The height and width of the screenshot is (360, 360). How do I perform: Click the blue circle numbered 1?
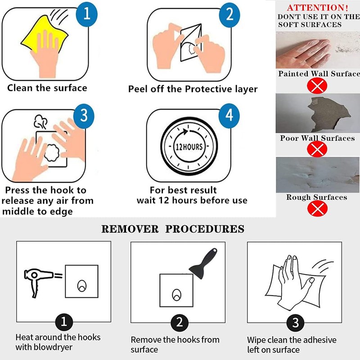point(86,14)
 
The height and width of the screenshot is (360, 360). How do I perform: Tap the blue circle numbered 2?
point(229,15)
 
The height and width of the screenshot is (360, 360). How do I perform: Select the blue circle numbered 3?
point(84,116)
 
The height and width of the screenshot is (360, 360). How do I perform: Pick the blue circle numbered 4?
point(229,116)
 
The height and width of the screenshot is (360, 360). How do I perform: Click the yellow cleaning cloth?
point(44,35)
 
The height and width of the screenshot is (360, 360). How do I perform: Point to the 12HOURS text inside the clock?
point(189,147)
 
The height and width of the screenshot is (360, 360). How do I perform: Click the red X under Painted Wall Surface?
point(317,85)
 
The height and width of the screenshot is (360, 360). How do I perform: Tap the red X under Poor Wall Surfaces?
point(317,149)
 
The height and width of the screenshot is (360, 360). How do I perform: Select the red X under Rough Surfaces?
point(317,208)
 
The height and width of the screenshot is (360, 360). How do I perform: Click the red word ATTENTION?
point(318,8)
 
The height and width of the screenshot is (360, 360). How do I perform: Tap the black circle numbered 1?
point(64,322)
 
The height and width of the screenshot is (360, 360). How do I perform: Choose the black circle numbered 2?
point(180,323)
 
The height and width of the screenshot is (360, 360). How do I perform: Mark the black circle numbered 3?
point(296,323)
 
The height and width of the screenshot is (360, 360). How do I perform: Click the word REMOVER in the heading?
point(130,229)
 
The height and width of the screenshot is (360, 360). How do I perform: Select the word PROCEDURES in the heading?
point(205,229)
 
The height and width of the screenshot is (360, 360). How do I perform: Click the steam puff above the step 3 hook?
point(40,121)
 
